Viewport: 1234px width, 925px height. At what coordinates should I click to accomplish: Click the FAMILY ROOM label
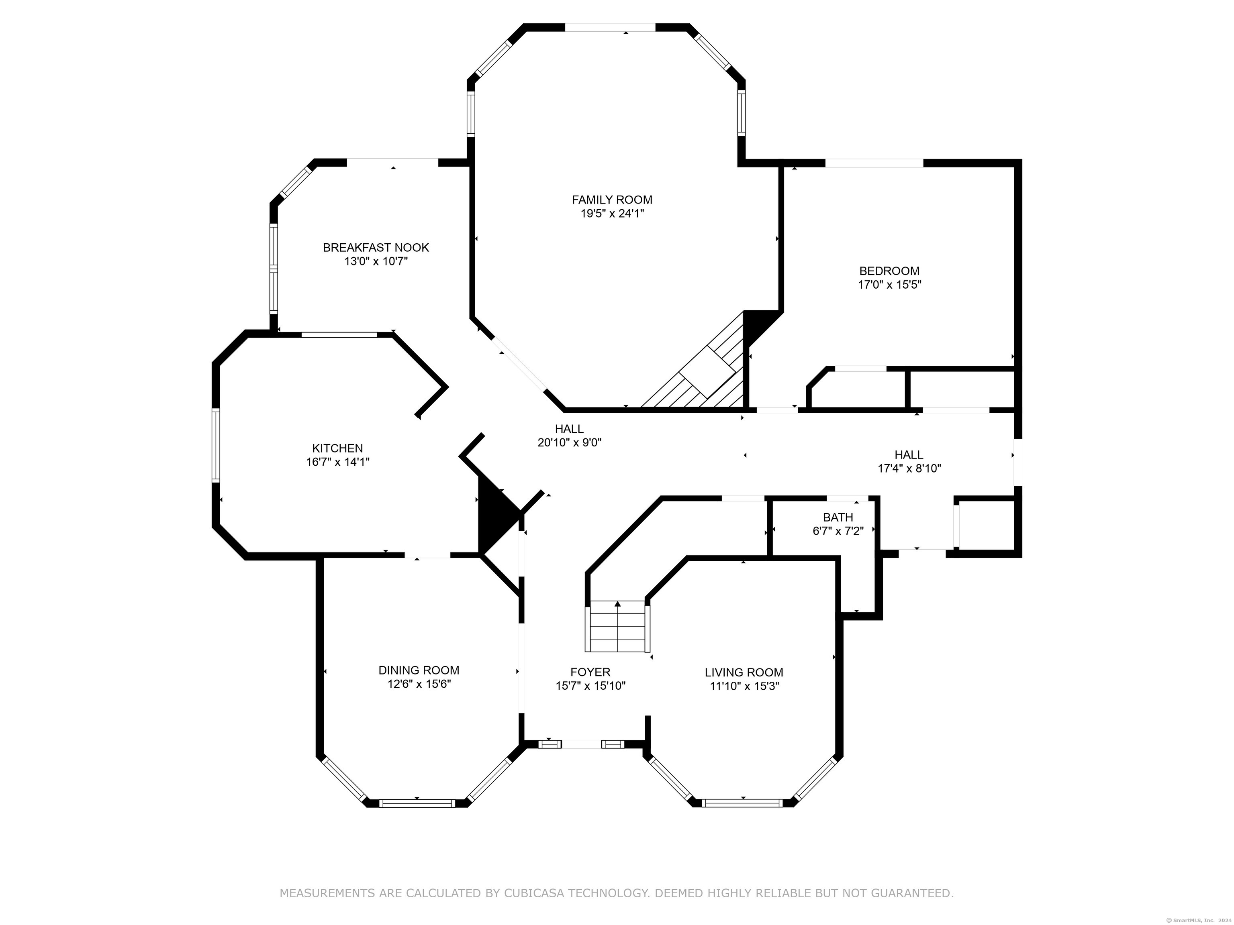(612, 200)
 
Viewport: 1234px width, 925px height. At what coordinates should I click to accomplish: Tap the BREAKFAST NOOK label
(376, 248)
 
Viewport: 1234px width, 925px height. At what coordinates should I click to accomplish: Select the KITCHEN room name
(337, 448)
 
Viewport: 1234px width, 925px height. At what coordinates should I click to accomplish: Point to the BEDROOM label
(889, 271)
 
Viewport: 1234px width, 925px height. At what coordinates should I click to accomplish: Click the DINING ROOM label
(419, 670)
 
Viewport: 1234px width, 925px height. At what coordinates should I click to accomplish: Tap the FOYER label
(590, 672)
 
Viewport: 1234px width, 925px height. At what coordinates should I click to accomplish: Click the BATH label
(838, 518)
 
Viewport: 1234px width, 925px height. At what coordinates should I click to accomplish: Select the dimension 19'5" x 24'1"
(612, 213)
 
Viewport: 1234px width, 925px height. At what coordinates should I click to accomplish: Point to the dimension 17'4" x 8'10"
(909, 469)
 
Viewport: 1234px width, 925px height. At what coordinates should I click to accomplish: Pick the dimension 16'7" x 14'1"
(337, 462)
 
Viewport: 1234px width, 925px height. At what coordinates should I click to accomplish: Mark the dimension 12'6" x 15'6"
(419, 684)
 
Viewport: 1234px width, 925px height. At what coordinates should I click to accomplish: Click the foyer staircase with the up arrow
(617, 626)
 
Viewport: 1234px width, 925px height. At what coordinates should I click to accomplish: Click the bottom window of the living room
(742, 803)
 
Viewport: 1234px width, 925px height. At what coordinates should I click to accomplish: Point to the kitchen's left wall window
(215, 444)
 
